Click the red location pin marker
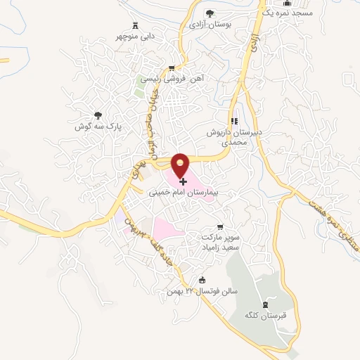(181, 166)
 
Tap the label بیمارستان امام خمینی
(184, 191)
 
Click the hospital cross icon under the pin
(184, 181)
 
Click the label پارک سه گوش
(98, 127)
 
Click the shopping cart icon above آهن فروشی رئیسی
(171, 69)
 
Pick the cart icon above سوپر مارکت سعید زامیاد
(220, 227)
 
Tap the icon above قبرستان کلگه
(264, 304)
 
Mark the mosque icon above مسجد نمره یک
(287, 4)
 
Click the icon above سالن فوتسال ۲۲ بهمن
(203, 279)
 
